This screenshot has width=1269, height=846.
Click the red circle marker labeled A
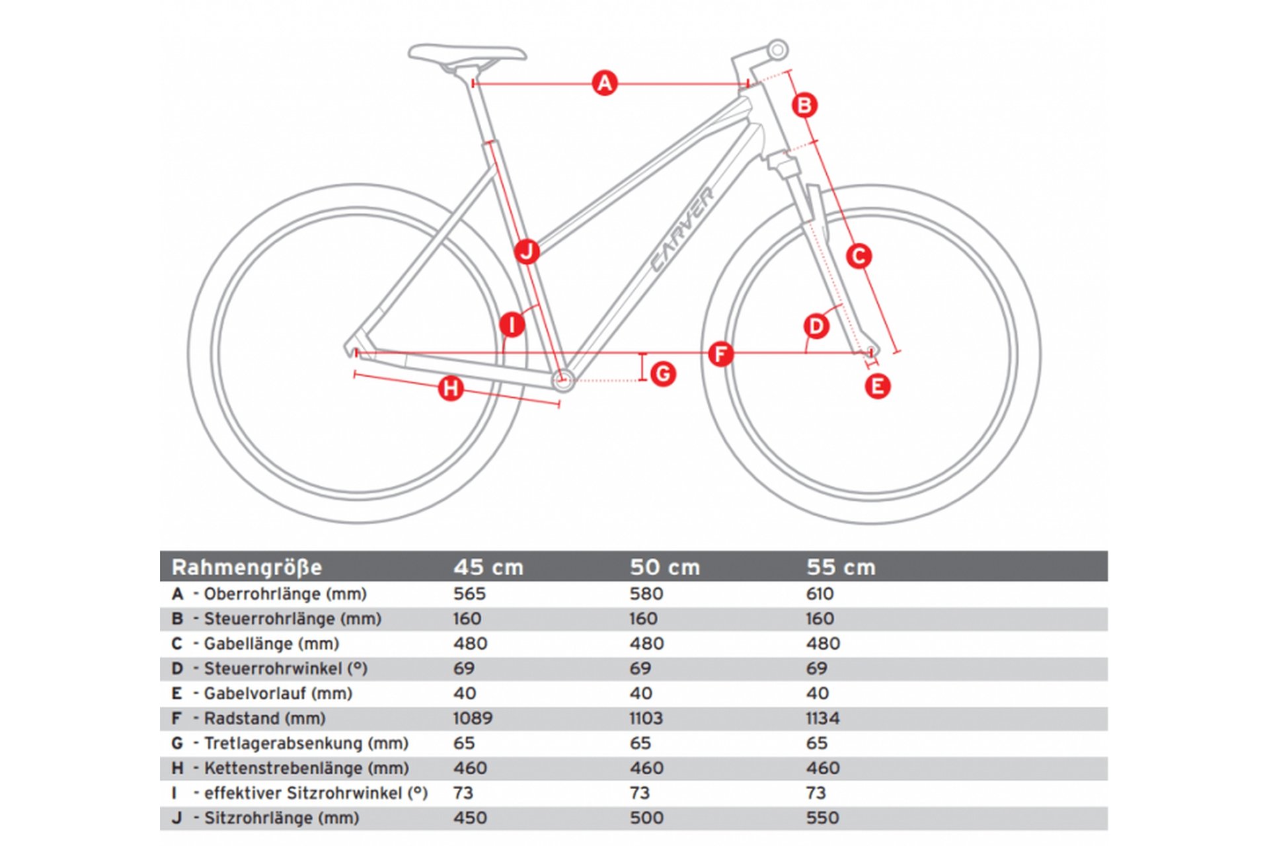pos(605,83)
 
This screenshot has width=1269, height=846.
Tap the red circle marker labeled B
pos(804,105)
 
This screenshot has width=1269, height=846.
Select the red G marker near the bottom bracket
pos(663,374)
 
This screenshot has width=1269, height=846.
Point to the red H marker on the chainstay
pos(451,388)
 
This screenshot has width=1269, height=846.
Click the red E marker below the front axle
pos(878,386)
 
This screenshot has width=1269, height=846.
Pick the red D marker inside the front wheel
pos(816,326)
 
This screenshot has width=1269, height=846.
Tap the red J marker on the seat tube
pos(527,251)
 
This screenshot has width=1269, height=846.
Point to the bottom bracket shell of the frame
pos(563,379)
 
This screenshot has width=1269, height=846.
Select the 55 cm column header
pos(841,567)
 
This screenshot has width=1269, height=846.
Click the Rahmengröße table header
pos(247,567)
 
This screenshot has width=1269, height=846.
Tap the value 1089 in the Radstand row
pos(473,718)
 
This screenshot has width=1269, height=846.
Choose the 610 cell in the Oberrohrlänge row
pos(820,594)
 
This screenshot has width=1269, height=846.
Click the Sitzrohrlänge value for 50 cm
pos(646,818)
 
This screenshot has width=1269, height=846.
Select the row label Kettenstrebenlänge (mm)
pos(306,768)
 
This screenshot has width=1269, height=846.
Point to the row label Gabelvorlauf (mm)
pos(278,693)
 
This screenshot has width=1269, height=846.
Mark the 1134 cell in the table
pos(822,718)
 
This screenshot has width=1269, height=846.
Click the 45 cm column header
pos(488,567)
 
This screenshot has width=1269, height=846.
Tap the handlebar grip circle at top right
pos(778,50)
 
